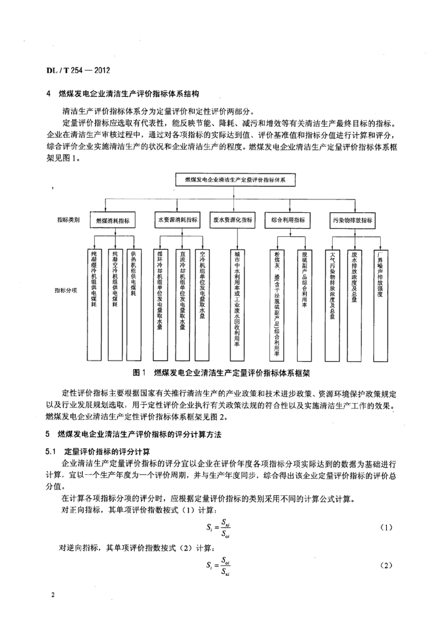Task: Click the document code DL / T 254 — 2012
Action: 78,70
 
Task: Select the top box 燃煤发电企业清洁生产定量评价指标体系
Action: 236,180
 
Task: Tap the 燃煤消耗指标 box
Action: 113,220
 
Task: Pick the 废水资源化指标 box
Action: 233,220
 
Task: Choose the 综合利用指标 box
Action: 288,220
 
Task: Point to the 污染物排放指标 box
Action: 352,220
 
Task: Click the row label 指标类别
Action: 68,220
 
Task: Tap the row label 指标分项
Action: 66,290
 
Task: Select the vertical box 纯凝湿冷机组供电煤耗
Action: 94,305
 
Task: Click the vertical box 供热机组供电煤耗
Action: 134,305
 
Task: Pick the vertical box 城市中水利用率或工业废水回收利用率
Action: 237,305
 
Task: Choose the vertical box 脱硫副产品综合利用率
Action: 304,305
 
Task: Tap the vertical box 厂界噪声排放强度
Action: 381,305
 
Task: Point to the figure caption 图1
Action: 139,373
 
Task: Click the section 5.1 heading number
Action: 51,452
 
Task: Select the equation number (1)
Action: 386,527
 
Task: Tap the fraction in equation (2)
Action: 225,565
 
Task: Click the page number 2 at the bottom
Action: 53,594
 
